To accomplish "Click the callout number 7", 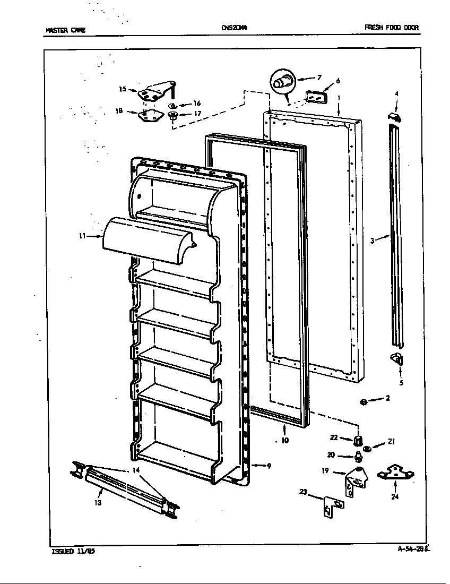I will point(319,78).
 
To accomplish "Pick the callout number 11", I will point(82,236).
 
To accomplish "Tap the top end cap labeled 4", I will point(394,116).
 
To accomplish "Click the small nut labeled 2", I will point(364,401).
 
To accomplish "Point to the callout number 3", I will point(373,240).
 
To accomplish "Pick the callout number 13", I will point(98,502).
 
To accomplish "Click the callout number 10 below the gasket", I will point(285,440).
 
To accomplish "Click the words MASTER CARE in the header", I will point(65,30).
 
